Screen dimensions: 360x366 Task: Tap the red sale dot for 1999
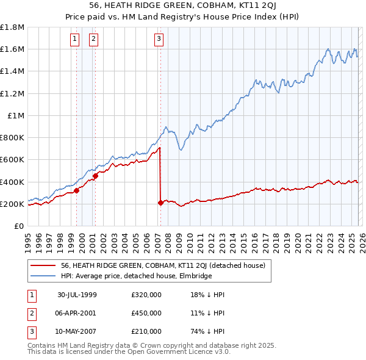(77, 191)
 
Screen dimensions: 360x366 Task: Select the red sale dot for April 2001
(95, 176)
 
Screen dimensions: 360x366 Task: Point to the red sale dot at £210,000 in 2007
(160, 203)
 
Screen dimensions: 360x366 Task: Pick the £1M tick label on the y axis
(16, 115)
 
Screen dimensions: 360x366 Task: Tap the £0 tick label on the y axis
(19, 226)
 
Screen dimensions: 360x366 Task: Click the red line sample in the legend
(43, 266)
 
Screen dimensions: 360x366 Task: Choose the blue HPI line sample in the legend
(43, 276)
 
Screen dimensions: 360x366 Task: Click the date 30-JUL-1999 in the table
(77, 295)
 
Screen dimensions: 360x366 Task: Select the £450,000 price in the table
(146, 313)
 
